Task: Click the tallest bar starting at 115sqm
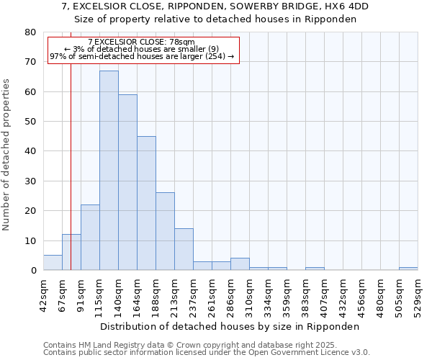pyautogui.click(x=109, y=171)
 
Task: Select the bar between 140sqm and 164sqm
pyautogui.click(x=127, y=182)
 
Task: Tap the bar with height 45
pyautogui.click(x=146, y=203)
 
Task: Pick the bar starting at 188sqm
pyautogui.click(x=165, y=231)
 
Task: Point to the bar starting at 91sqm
pyautogui.click(x=90, y=238)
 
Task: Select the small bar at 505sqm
pyautogui.click(x=408, y=269)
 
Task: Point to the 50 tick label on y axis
pyautogui.click(x=30, y=122)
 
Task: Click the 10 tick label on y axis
pyautogui.click(x=30, y=240)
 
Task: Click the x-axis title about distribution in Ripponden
pyautogui.click(x=230, y=326)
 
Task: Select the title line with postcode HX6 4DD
pyautogui.click(x=215, y=6)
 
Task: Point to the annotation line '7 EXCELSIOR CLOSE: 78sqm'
pyautogui.click(x=141, y=42)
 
